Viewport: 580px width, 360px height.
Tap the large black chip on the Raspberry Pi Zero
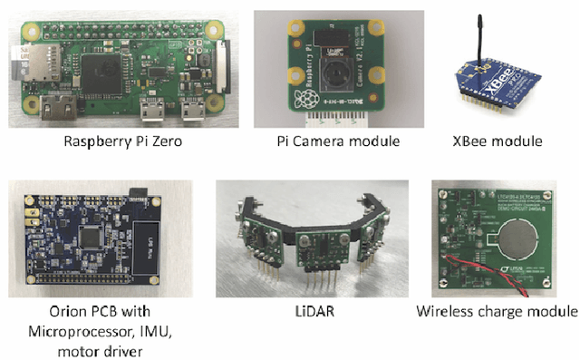coord(102,67)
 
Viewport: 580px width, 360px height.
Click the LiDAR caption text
coord(311,312)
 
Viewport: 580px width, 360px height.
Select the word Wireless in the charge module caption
coord(448,312)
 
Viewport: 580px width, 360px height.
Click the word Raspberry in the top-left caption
coord(96,142)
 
